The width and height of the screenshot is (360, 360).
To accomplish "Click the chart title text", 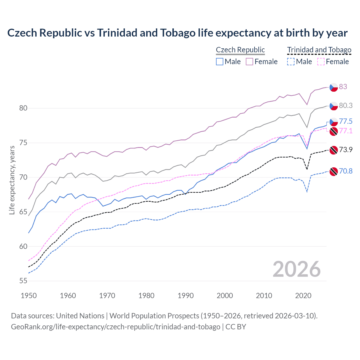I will (x=177, y=33).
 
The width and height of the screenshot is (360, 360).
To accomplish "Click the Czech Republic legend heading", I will (x=240, y=50).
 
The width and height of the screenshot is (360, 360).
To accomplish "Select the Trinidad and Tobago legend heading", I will (x=319, y=50).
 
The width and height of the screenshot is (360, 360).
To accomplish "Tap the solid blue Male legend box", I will (x=220, y=62).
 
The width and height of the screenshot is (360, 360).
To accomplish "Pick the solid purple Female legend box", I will (x=249, y=62).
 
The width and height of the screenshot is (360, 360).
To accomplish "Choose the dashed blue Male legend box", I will (x=291, y=62).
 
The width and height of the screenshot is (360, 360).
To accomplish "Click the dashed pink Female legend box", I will (x=321, y=62).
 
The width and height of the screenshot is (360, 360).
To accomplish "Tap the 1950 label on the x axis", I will (x=29, y=296).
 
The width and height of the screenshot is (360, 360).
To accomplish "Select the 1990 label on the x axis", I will (x=186, y=296).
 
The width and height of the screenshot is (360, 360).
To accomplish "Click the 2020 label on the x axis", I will (x=303, y=296).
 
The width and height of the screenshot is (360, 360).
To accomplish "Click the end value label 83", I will (x=343, y=87).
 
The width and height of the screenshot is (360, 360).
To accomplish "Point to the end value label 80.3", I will (x=346, y=105).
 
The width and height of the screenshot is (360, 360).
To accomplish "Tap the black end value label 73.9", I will (x=346, y=150).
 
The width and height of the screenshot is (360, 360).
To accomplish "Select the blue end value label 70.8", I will (x=346, y=171).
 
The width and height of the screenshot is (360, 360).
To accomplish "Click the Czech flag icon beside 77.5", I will (x=334, y=122).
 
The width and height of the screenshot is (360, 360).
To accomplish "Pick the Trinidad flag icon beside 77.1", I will (x=334, y=131).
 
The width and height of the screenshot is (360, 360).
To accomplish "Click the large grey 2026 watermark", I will (x=297, y=269).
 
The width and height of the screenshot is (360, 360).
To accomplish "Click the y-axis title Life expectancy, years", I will (x=12, y=180).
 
